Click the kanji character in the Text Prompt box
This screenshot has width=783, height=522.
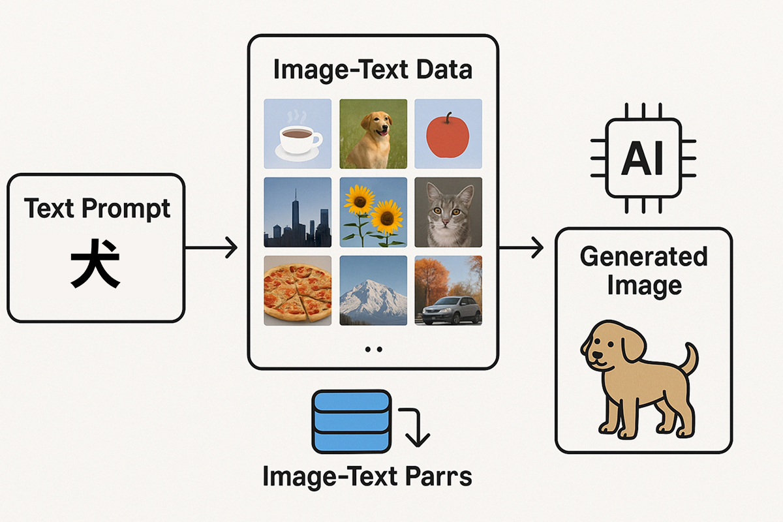point(95,264)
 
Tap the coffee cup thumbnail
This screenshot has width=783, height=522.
point(298,134)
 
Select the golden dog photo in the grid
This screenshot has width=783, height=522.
point(373,134)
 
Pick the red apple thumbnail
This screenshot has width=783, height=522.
point(448,134)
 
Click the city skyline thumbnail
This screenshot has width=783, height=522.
point(298,212)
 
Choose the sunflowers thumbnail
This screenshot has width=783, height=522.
point(373,212)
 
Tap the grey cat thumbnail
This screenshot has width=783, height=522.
point(448,212)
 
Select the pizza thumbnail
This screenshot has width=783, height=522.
point(298,290)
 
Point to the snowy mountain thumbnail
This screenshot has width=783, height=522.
point(373,290)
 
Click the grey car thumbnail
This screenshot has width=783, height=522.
point(448,290)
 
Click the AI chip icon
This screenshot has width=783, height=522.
point(643,158)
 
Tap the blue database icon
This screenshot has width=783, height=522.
point(351,422)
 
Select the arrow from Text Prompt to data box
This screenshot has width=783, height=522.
point(211,247)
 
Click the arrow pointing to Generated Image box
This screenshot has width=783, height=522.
point(521,247)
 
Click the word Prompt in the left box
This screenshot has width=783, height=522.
point(126,209)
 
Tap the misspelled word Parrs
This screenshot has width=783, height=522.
point(438,476)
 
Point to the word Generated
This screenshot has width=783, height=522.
point(644,256)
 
